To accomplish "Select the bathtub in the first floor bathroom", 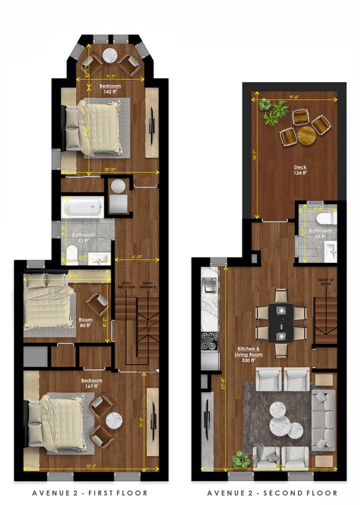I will pos(83,208).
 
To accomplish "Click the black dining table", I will pos(281,322).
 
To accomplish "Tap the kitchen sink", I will pos(209,285).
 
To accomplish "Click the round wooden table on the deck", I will pos(306,135).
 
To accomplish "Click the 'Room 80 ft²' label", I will pos(86,322).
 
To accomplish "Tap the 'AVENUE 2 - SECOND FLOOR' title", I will pos(272,493).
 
